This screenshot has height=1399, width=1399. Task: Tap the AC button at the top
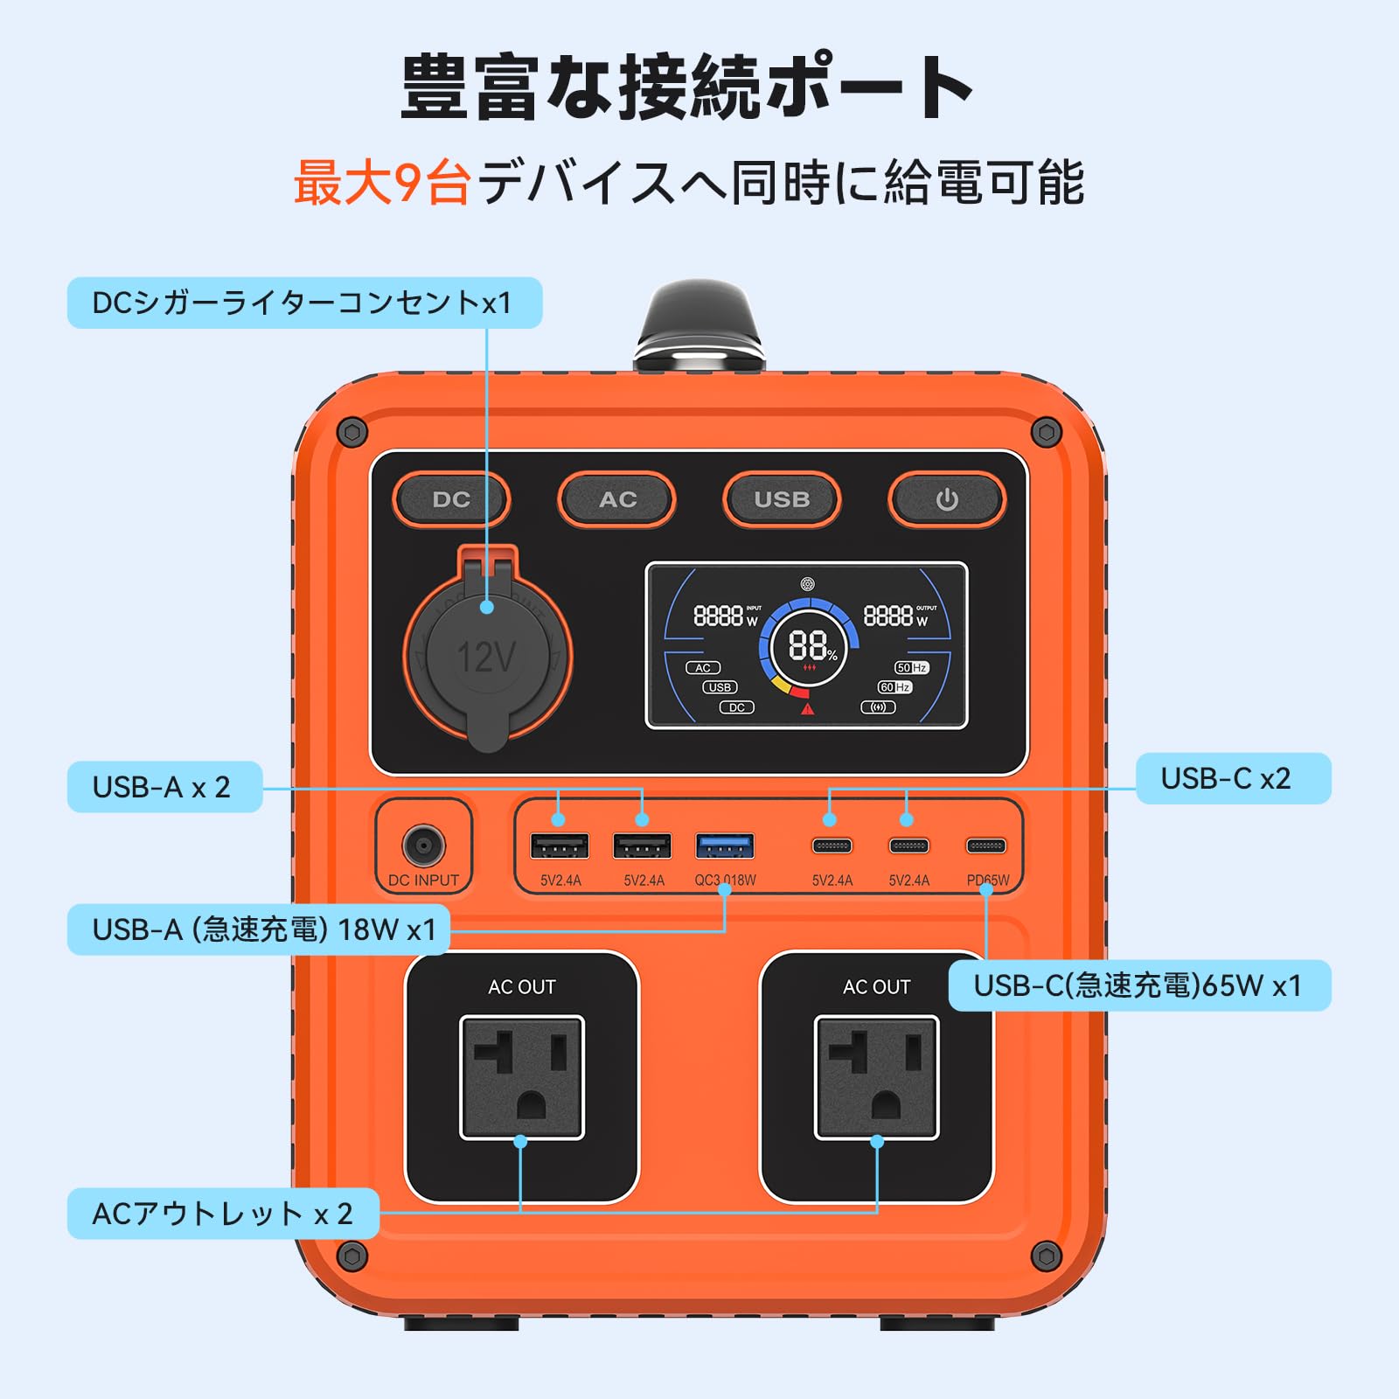coord(616,499)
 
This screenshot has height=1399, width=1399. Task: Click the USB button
coord(782,499)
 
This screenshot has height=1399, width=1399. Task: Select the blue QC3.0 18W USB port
coord(725,846)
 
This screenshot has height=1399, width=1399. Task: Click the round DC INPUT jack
coord(423,846)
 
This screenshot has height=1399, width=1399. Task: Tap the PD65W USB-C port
coord(985,846)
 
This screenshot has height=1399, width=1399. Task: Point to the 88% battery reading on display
coord(809,646)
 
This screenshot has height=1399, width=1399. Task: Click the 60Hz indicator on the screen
coord(894,687)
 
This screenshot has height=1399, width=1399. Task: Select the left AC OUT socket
coord(522,1077)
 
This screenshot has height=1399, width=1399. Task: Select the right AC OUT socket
coord(876,1077)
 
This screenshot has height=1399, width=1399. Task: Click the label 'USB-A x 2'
coord(164,787)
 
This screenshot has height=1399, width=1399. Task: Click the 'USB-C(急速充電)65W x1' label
coord(1138,985)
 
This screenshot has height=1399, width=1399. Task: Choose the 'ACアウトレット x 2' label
coord(223,1214)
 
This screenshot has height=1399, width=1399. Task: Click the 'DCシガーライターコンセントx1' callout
coord(303,303)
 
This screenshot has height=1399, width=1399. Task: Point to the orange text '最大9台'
coord(382,183)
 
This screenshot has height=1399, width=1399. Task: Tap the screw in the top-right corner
coord(1046,432)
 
